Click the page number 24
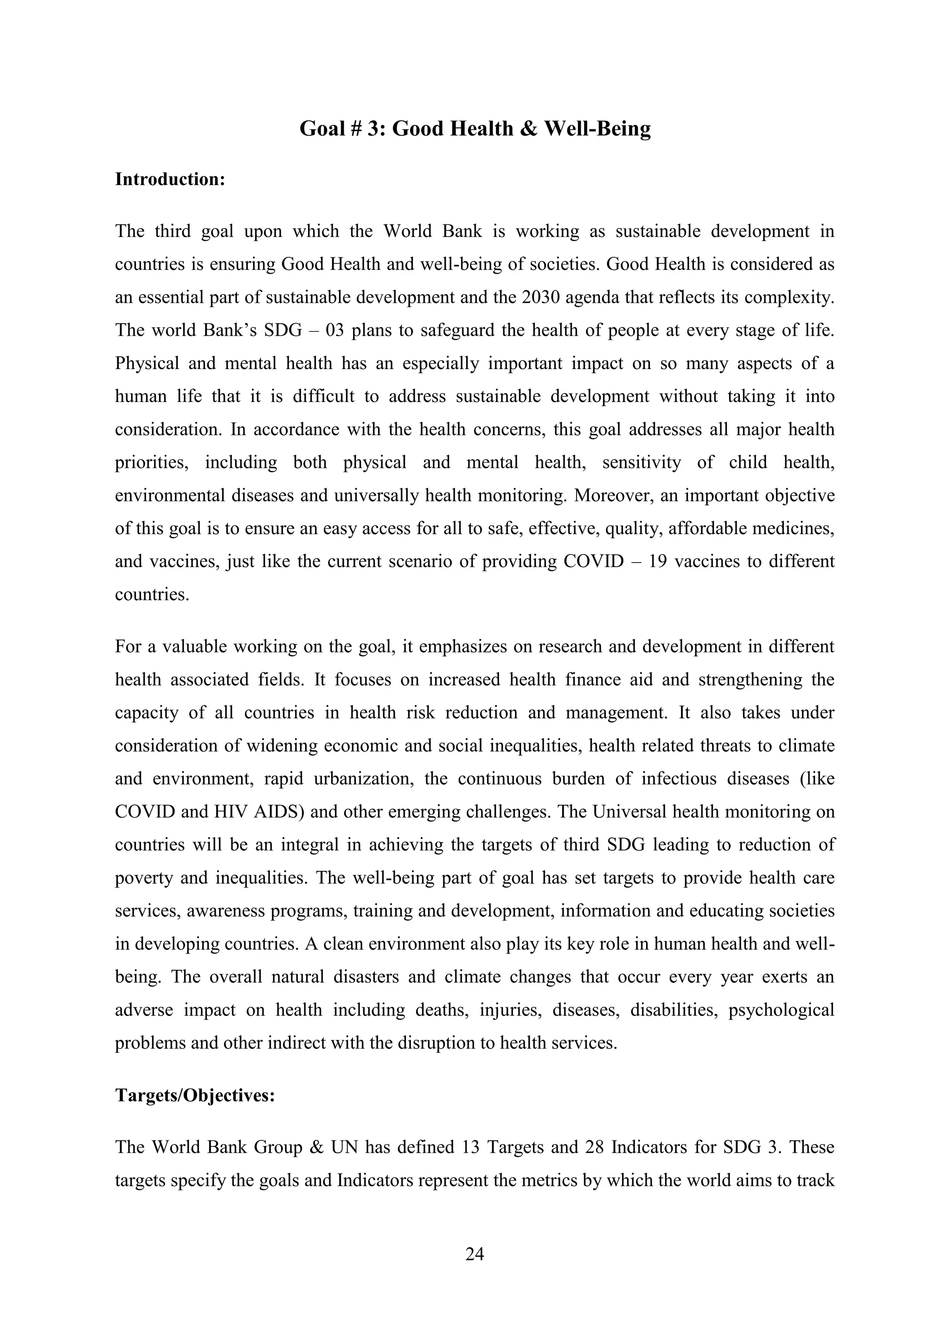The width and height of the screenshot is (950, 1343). pos(475,1254)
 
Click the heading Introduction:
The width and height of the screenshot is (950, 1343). pos(170,179)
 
